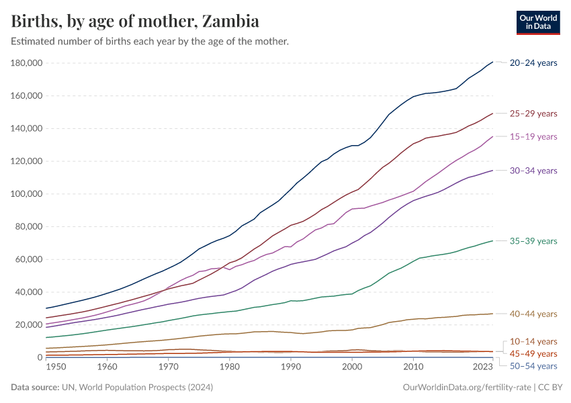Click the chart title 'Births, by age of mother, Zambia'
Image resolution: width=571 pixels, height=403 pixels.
135,21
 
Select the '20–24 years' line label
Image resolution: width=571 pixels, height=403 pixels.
533,63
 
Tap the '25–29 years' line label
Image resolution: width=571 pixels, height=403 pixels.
533,114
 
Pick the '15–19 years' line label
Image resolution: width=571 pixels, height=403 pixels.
533,136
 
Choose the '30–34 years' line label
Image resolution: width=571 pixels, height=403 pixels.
533,171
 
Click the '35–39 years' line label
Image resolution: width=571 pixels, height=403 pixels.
533,240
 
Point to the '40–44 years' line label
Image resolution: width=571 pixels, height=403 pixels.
533,314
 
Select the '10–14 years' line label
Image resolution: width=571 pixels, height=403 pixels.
533,341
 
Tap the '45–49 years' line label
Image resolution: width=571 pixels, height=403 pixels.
533,353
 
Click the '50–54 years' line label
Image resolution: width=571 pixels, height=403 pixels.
533,366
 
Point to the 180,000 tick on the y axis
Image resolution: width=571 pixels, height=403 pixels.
28,63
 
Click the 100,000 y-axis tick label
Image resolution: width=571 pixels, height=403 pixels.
28,194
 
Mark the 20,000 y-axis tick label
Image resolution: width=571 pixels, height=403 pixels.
30,324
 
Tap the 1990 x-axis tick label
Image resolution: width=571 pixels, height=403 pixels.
291,367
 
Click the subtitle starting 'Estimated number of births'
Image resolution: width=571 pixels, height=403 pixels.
150,42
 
